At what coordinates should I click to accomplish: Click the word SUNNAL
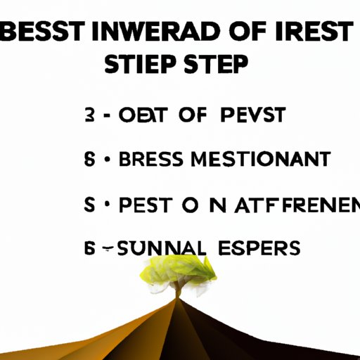click(x=157, y=248)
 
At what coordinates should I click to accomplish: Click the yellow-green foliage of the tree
click(x=179, y=271)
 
